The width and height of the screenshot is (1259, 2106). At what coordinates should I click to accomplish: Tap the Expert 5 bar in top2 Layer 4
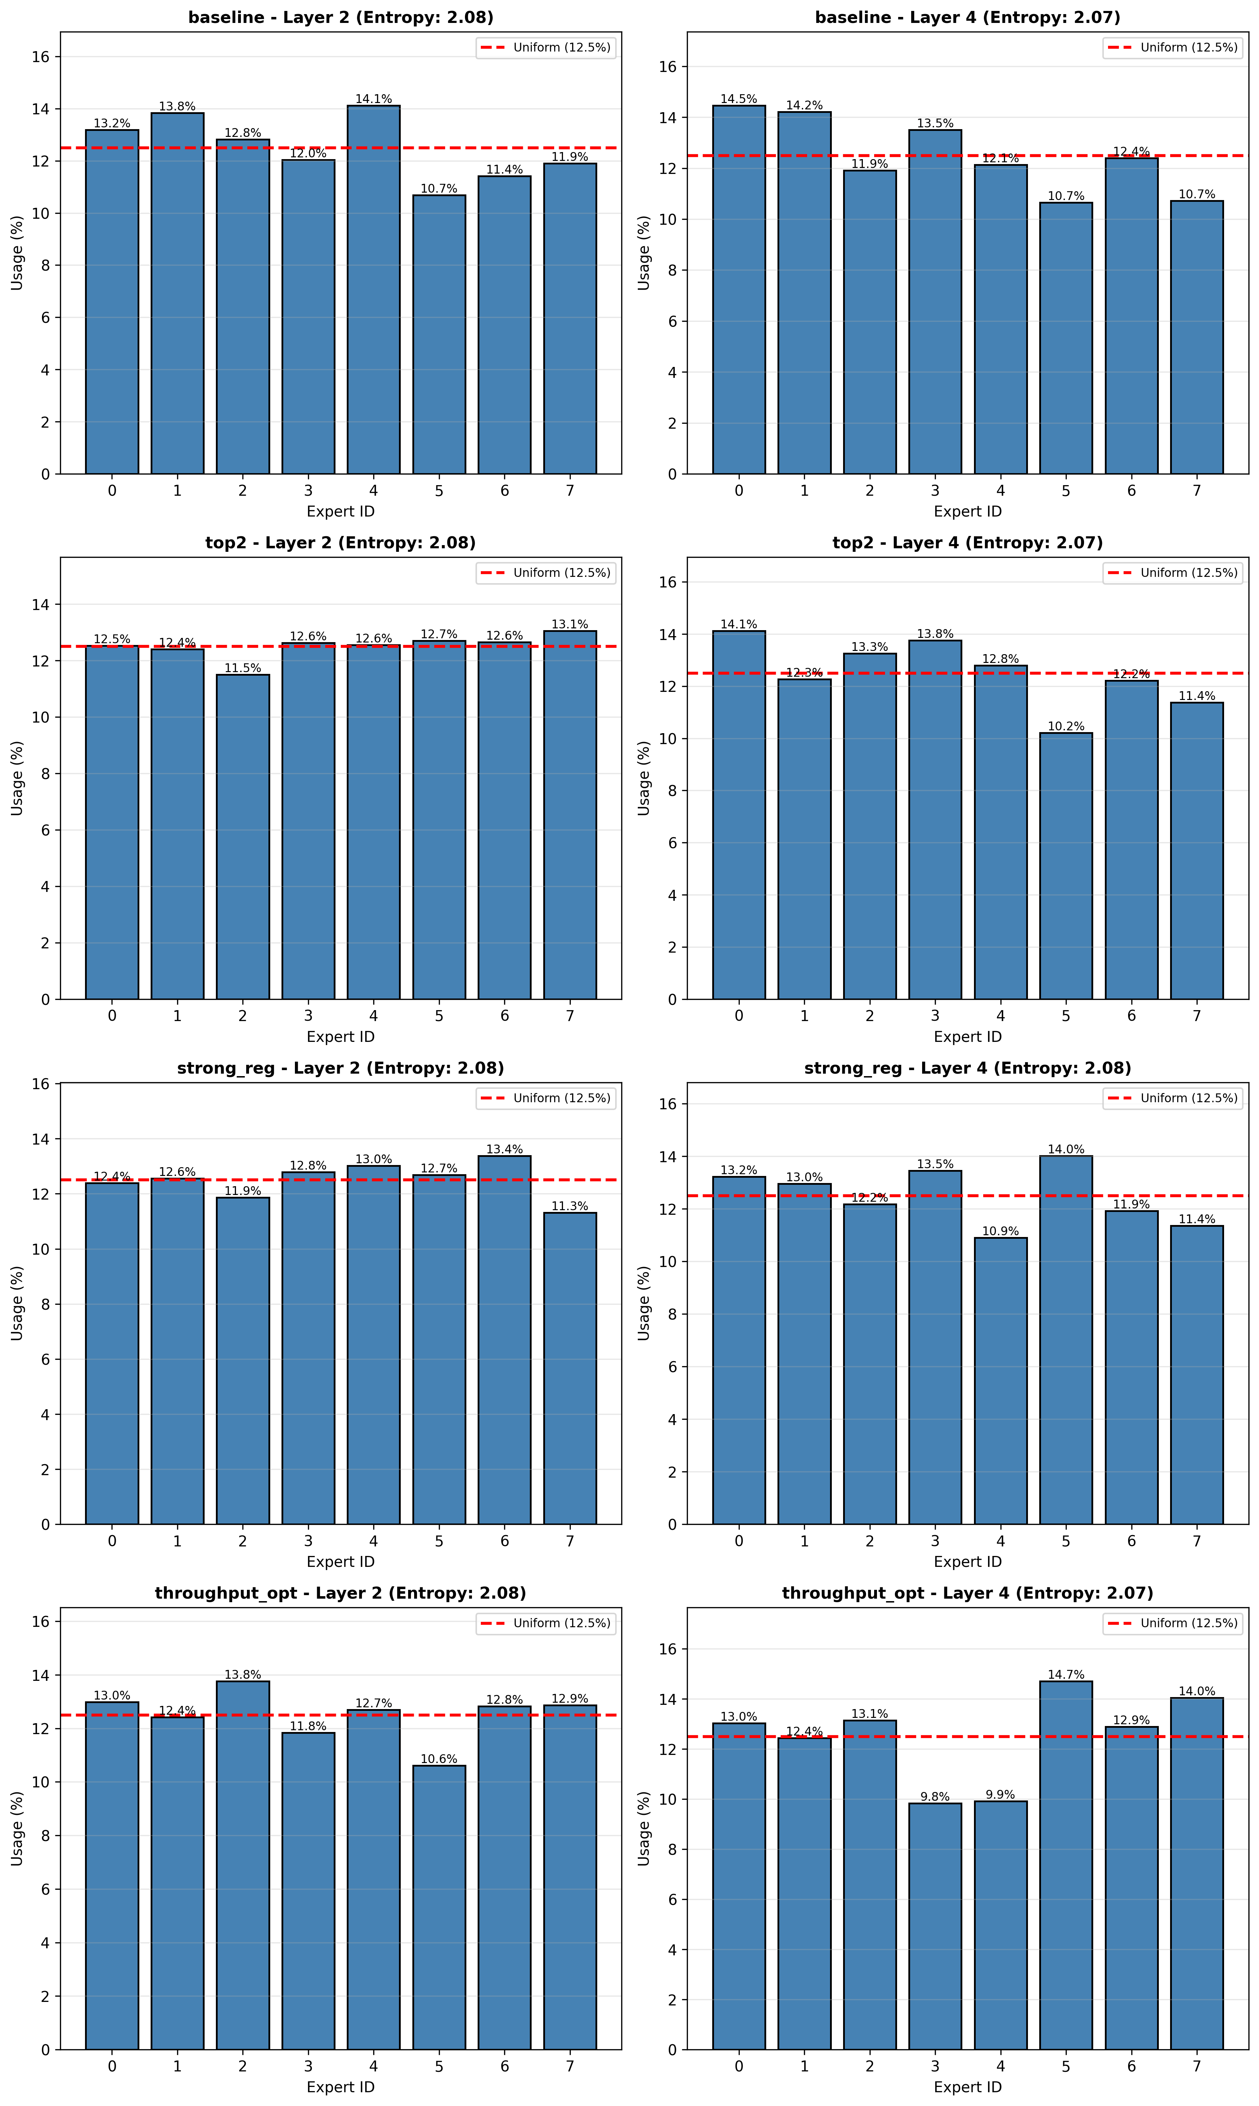coord(1066,865)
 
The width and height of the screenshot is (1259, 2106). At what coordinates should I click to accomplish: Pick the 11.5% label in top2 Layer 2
coord(243,668)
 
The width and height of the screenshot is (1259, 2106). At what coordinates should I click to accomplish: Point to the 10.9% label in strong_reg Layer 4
coord(1000,1231)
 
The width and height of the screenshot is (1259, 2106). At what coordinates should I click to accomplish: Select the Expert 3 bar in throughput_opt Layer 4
coord(935,1926)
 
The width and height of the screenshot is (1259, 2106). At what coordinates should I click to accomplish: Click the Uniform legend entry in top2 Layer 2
coord(545,573)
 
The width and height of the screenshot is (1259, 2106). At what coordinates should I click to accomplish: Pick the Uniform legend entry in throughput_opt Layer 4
coord(1173,1623)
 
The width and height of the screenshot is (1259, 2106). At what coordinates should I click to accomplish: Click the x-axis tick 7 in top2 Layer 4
coord(1196,1016)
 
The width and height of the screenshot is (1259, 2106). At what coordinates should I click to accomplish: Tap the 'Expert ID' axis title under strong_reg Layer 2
coord(340,1561)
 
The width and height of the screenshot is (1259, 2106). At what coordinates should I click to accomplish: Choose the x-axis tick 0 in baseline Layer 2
coord(112,490)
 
